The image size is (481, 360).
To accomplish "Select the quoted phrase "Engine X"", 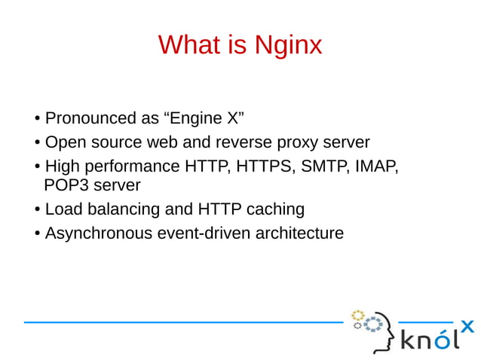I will coord(204,118).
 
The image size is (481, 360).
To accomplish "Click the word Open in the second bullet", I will coord(65,142).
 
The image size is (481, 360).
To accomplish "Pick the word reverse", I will coord(243,142).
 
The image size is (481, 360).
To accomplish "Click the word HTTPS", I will coord(266,166).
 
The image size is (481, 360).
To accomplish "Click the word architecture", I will coord(299,233).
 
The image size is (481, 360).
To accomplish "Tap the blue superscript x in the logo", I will coord(467,326).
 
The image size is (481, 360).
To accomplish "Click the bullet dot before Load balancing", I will coord(37,209).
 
